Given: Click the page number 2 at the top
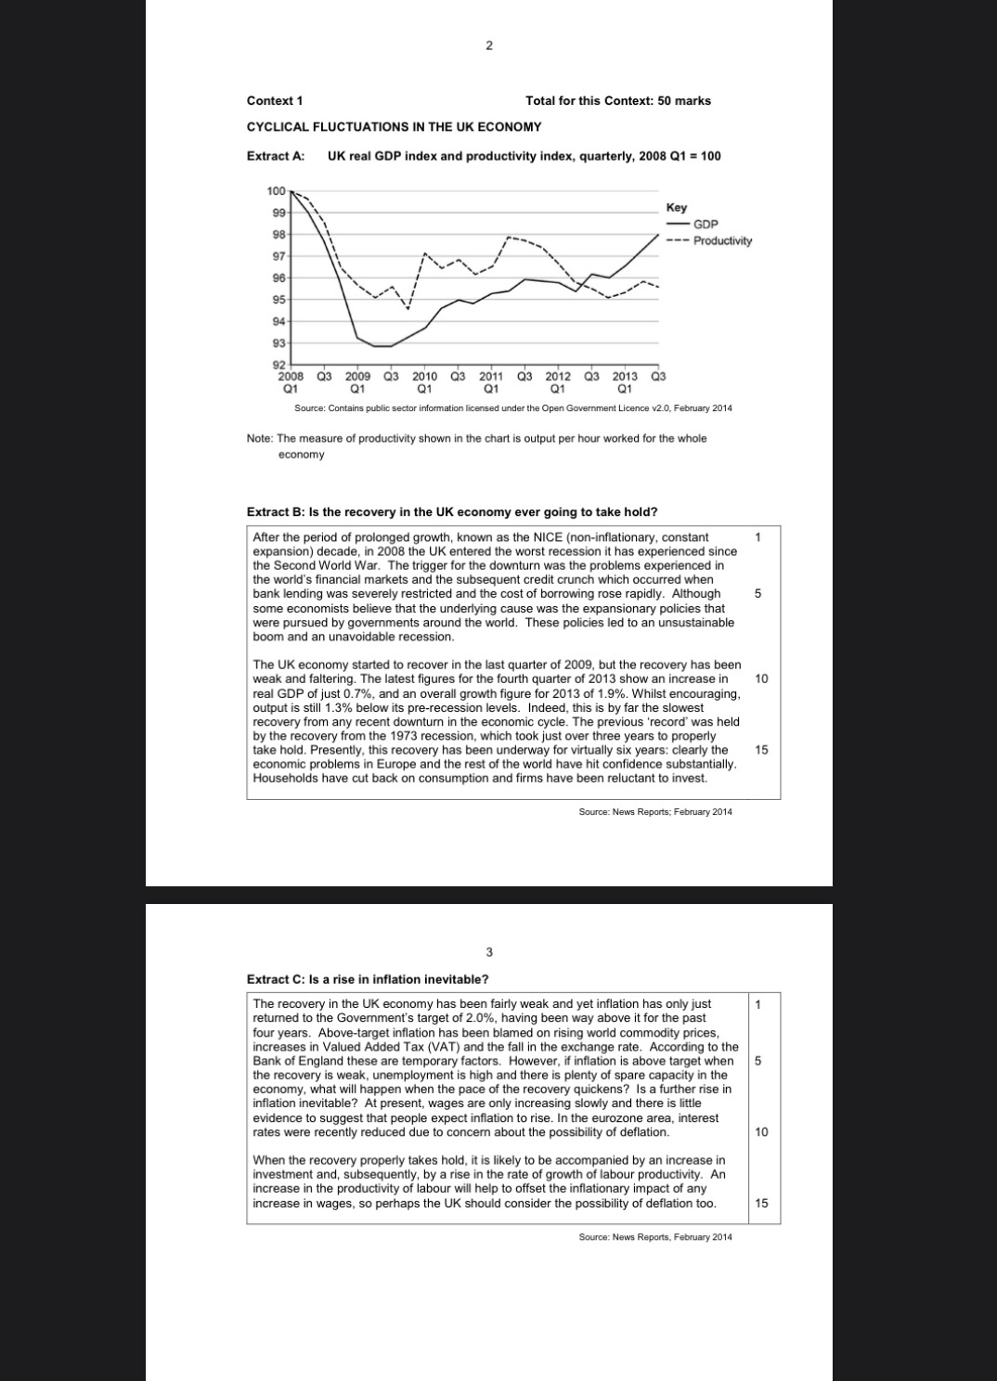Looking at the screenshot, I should (489, 45).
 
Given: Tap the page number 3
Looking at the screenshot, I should (489, 951).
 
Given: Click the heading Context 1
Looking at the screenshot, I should (274, 100).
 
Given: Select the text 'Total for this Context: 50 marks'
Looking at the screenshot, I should (617, 100).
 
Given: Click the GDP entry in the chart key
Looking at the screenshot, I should (706, 225).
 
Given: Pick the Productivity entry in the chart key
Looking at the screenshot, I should (722, 240).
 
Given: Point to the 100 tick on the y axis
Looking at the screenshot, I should (276, 191).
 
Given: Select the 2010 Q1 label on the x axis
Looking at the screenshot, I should (424, 382).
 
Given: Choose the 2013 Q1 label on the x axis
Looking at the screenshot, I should (625, 382).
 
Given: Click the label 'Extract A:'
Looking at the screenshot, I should (276, 156).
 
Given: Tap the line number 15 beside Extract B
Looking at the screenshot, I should (761, 750).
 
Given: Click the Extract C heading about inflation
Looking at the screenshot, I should (367, 979).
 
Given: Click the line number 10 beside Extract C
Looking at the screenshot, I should (761, 1131).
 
